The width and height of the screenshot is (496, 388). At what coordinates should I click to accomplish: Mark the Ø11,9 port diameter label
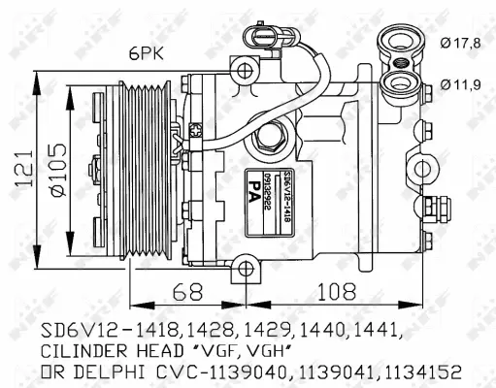point(460,85)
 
